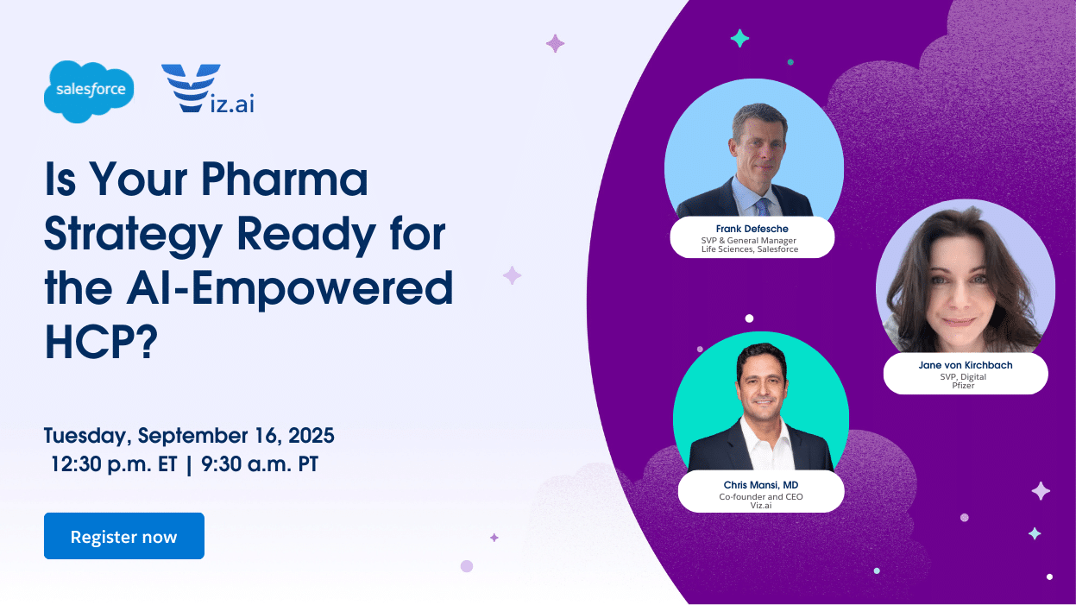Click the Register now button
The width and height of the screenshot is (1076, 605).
124,536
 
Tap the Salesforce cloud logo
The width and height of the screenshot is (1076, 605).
89,91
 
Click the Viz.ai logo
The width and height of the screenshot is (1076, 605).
207,89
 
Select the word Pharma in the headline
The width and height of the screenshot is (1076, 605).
285,179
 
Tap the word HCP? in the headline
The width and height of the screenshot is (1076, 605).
101,342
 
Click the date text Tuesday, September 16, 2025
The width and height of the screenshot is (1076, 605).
189,436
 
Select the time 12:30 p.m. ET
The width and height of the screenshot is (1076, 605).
114,464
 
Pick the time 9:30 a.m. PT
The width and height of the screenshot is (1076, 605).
260,464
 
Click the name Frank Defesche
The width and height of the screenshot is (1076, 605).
752,229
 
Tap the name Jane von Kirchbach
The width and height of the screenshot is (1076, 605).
966,365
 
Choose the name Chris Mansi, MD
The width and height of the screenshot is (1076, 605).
761,485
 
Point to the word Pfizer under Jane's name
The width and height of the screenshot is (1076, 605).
963,386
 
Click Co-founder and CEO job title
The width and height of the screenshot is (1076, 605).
761,497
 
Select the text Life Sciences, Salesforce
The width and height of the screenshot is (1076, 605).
750,249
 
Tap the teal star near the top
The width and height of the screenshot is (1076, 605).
739,39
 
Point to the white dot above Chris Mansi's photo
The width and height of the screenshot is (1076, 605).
749,318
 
